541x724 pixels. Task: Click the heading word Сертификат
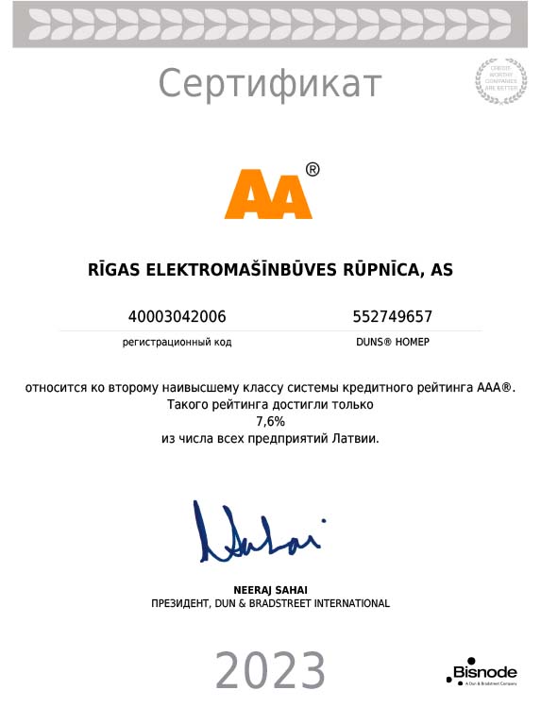269,84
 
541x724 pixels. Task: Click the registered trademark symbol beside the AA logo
313,169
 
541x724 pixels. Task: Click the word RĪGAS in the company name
114,270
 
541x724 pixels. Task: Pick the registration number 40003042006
177,316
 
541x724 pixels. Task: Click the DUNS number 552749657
392,316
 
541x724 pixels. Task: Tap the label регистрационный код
177,342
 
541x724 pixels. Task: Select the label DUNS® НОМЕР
392,342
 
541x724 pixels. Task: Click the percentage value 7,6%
270,422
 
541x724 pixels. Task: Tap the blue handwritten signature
257,534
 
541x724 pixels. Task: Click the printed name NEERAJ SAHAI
270,589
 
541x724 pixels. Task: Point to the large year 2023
270,672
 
